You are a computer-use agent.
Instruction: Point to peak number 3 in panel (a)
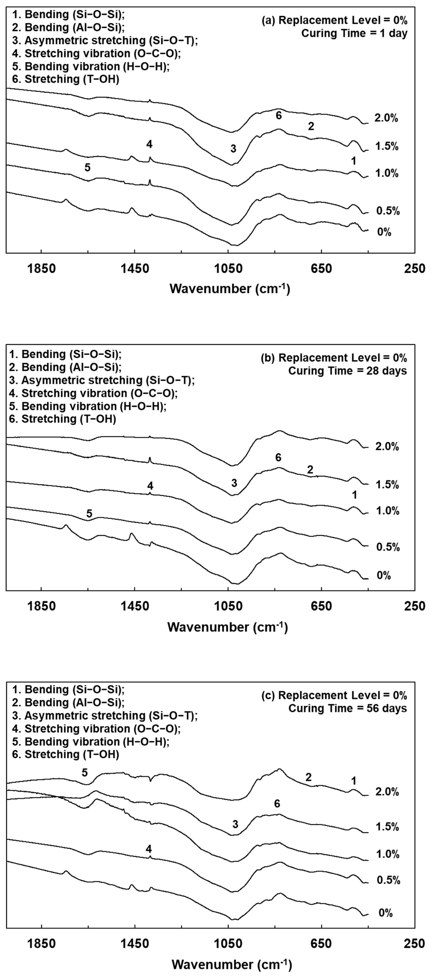[x=233, y=149]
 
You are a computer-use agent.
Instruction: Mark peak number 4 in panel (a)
[x=149, y=144]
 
